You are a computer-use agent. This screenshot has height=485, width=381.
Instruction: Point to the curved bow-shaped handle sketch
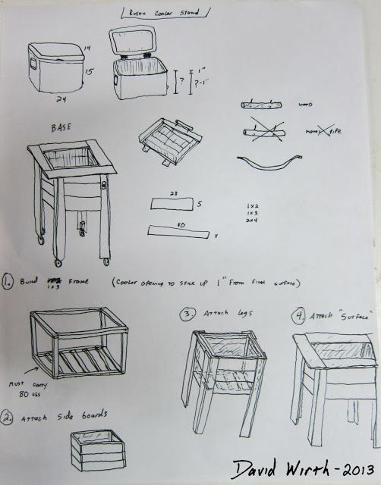tap(267, 163)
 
